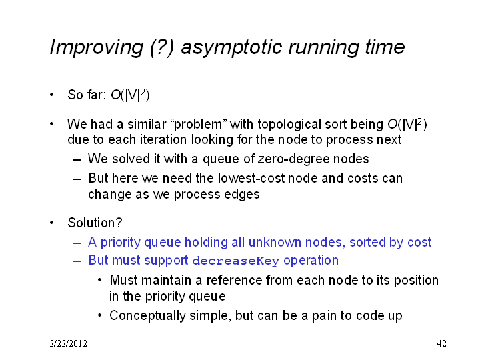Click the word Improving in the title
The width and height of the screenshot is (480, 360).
pos(96,47)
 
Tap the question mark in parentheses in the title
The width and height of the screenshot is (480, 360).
pos(162,47)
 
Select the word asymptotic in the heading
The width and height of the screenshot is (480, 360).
pos(231,48)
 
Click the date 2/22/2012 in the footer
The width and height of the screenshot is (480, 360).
pos(68,343)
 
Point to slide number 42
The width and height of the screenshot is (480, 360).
pos(441,343)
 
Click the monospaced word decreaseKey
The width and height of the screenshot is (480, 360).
pos(236,261)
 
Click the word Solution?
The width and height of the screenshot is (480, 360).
pos(95,223)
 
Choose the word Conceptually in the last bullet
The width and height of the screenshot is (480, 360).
pos(147,316)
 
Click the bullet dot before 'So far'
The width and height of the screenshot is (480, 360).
pos(52,95)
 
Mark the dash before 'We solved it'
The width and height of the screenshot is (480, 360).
pos(77,160)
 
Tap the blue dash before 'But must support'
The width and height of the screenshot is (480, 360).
pos(77,261)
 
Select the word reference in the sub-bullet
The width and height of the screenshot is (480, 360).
pos(234,280)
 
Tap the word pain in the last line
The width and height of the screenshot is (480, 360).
pos(323,316)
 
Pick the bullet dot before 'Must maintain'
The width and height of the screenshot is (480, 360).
pos(100,280)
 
